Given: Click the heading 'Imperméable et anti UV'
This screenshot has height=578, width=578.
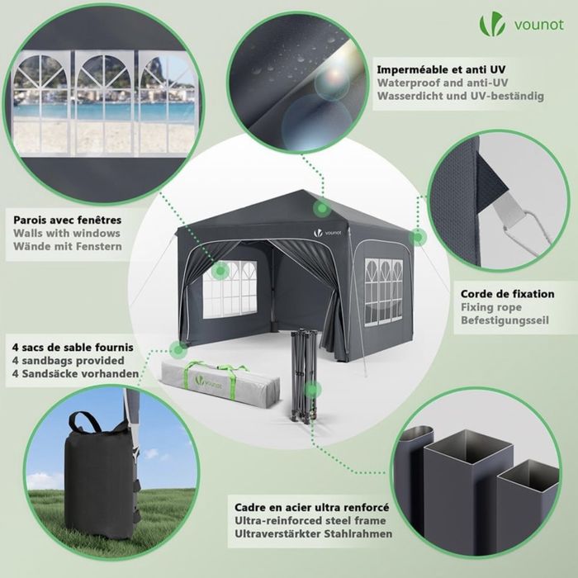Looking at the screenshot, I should (x=443, y=69).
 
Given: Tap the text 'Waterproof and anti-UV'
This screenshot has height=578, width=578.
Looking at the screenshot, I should (x=442, y=83).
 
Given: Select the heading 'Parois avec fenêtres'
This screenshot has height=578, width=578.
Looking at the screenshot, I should (x=68, y=220).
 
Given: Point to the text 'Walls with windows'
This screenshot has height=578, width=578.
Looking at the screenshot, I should (x=67, y=234).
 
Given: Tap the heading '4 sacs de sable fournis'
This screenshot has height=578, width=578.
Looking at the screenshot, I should (x=73, y=347).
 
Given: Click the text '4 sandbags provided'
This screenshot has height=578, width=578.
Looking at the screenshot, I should (x=69, y=360).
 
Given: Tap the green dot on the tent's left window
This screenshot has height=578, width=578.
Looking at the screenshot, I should (x=220, y=270).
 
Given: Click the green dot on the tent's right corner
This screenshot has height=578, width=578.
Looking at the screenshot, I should (x=418, y=237).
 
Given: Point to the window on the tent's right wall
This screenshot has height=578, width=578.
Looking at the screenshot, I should (x=384, y=290).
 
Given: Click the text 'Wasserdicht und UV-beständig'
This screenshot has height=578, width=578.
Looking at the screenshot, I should (x=460, y=96).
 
